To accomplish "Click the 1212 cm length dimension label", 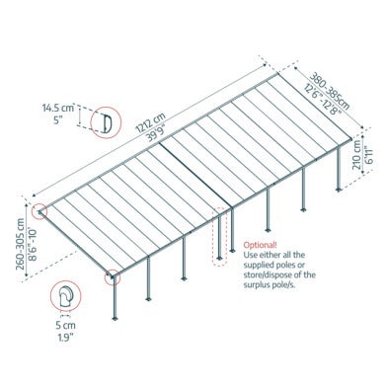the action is [x=150, y=122].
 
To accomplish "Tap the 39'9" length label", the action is [x=158, y=133].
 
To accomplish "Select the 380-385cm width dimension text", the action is [x=330, y=91].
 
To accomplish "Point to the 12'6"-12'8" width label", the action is [x=323, y=99].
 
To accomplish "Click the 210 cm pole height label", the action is [x=356, y=155].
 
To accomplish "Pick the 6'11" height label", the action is [x=367, y=155].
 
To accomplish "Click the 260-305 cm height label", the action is [x=21, y=244].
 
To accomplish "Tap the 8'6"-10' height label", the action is [x=33, y=245].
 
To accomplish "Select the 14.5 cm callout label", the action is [x=58, y=108].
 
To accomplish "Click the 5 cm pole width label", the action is [x=65, y=326].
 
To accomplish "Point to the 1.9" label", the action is [x=65, y=338].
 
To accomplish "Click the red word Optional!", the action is [x=260, y=245].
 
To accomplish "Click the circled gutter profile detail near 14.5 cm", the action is [x=106, y=122].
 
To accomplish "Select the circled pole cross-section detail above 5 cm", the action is [x=66, y=296].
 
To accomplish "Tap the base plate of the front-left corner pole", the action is [x=115, y=318].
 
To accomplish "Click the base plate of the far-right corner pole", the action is [x=339, y=190].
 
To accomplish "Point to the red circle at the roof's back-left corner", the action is [x=39, y=211].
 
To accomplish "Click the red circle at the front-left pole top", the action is [x=113, y=277].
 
